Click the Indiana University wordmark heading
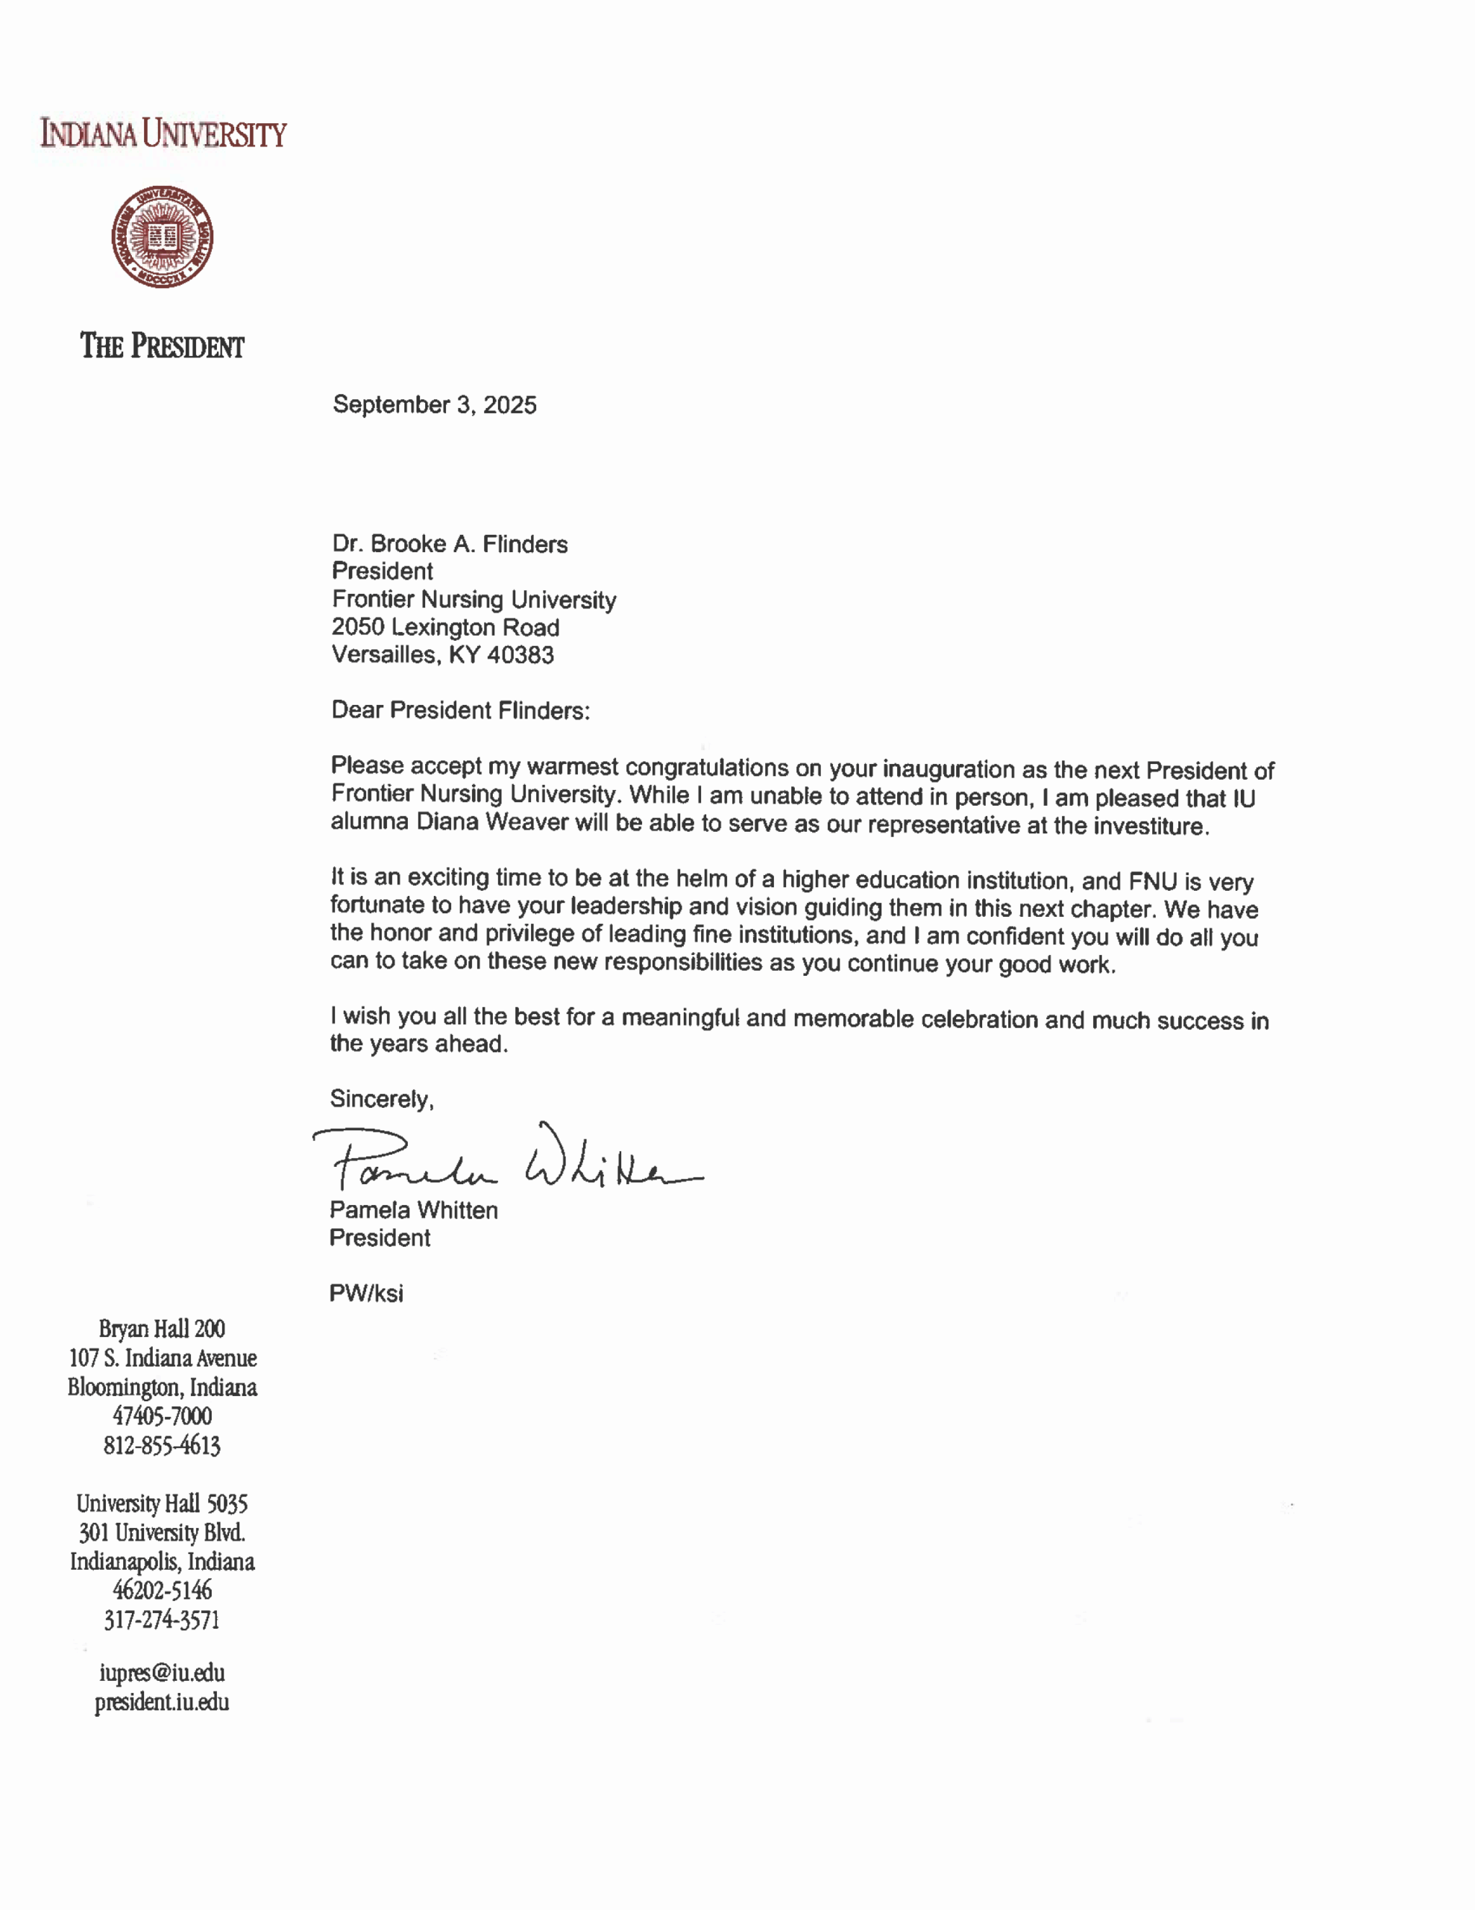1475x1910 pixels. pyautogui.click(x=163, y=134)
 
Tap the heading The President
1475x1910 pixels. pyautogui.click(x=163, y=346)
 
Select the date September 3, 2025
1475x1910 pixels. pyautogui.click(x=435, y=405)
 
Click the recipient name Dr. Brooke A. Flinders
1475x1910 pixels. pyautogui.click(x=450, y=544)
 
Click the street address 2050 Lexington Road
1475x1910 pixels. pyautogui.click(x=445, y=627)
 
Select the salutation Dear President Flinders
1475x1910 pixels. pyautogui.click(x=460, y=710)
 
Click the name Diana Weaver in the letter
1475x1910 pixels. pyautogui.click(x=492, y=823)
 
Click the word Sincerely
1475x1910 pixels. pyautogui.click(x=381, y=1099)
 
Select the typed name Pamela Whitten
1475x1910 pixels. pyautogui.click(x=414, y=1210)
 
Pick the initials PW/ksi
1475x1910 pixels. pyautogui.click(x=366, y=1294)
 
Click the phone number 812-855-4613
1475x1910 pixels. pyautogui.click(x=162, y=1446)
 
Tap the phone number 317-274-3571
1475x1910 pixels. pyautogui.click(x=162, y=1621)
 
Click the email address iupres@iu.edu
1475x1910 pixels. pyautogui.click(x=162, y=1673)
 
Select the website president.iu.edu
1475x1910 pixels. pyautogui.click(x=162, y=1702)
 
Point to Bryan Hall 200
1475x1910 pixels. pyautogui.click(x=162, y=1330)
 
